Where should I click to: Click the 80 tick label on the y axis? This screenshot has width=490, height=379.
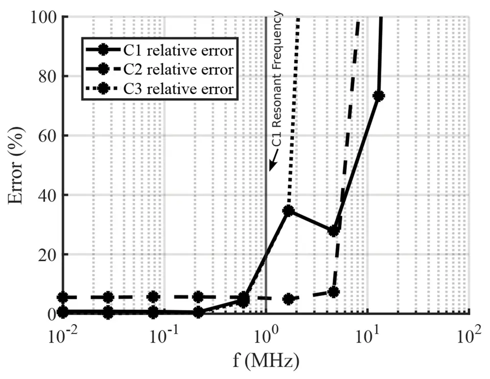48,76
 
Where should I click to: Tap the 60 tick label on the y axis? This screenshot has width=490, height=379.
48,136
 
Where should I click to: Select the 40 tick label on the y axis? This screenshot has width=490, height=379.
48,195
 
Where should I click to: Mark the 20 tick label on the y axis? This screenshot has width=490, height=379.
48,254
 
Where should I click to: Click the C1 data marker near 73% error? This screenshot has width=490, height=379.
378,96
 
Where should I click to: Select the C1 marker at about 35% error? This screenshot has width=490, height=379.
289,211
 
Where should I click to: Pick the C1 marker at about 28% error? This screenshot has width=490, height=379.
334,230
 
